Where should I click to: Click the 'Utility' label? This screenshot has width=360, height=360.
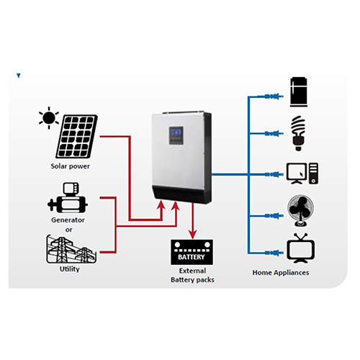click(x=69, y=269)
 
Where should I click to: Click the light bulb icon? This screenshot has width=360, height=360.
click(x=298, y=131)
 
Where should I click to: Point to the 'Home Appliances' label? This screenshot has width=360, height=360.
click(x=281, y=273)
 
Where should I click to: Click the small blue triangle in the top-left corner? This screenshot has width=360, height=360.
click(x=18, y=74)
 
